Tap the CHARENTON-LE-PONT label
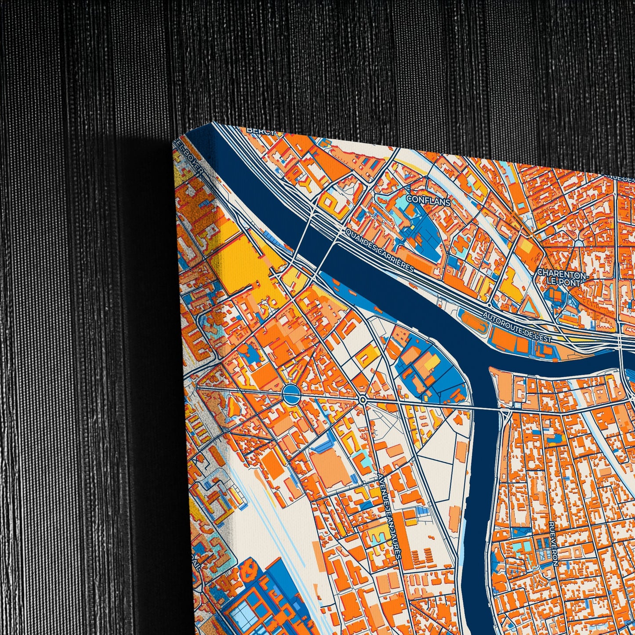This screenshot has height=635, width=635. pos(561,278)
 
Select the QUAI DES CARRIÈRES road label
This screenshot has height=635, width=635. pos(379,249)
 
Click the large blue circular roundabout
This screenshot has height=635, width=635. pos(290,394)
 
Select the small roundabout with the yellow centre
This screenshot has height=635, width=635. pos(363,400)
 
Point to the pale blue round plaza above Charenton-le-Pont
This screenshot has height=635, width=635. pos(579,243)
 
